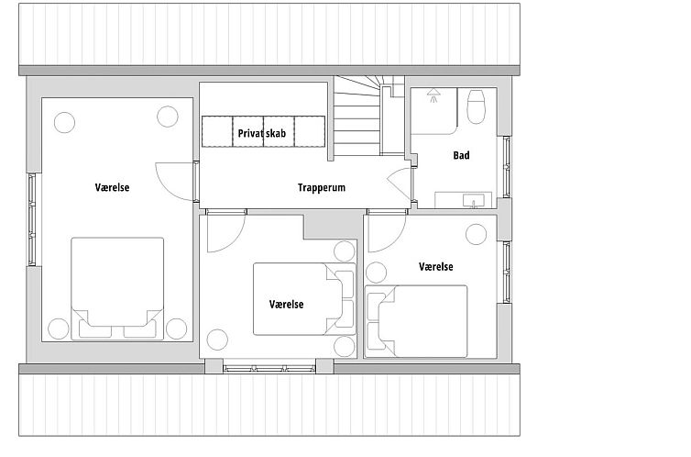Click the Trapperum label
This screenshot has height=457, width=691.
322,187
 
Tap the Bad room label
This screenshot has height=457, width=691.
461,155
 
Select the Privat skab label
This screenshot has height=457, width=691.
262,133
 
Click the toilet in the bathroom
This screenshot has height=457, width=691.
476,106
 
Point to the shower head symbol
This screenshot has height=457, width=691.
434,95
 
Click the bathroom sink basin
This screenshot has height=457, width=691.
473,201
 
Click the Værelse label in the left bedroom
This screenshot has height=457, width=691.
112,187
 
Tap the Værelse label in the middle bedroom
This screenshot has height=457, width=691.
286,305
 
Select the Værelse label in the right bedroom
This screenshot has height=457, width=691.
436,267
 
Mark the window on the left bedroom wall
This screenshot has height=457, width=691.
32,219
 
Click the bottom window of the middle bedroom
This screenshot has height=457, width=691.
269,368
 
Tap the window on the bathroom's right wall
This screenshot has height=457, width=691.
507,167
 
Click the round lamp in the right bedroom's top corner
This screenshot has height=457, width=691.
476,234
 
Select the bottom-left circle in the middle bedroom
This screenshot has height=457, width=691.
217,340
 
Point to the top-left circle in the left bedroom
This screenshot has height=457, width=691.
64,123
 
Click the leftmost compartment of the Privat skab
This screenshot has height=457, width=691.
217,131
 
